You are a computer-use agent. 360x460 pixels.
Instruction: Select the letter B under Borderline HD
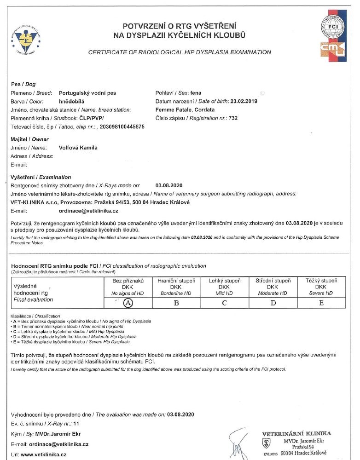click(x=177, y=303)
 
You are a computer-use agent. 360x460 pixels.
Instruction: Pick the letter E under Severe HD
click(x=321, y=303)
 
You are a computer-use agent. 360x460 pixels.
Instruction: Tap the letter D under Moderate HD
click(x=273, y=303)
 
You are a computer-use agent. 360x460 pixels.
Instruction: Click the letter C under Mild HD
click(x=224, y=303)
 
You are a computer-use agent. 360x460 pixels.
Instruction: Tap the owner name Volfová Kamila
click(x=78, y=148)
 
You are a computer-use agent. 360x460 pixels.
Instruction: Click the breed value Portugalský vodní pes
click(x=88, y=93)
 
